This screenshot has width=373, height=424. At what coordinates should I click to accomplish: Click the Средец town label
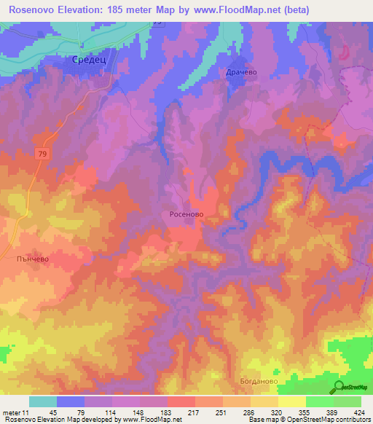pyautogui.click(x=88, y=60)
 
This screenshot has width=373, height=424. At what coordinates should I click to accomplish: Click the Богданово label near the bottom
pyautogui.click(x=259, y=380)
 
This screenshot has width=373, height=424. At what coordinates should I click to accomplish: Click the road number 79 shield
pyautogui.click(x=43, y=152)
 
